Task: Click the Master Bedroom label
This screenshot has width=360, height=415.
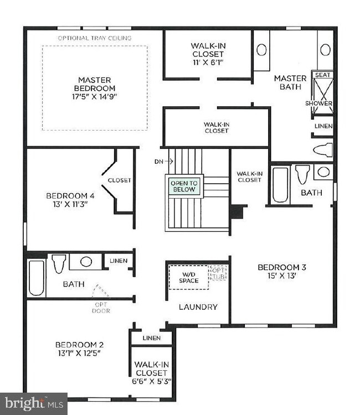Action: point(94,84)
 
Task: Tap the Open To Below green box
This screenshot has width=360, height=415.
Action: point(184,186)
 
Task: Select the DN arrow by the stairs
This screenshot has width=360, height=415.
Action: point(169,161)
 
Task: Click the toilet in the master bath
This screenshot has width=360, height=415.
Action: point(323,150)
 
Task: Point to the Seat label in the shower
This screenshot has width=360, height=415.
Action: point(322,75)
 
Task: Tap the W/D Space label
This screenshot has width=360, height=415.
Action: point(189,278)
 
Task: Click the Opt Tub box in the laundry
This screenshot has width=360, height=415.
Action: point(218,273)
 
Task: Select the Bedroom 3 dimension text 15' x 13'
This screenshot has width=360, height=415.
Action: point(281,276)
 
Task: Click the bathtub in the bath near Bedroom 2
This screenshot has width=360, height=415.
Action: point(37,278)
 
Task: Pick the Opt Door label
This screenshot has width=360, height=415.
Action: point(101,308)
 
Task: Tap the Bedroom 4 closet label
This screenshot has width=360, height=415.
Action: point(120,180)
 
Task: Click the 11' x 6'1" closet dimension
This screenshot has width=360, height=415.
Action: point(208,63)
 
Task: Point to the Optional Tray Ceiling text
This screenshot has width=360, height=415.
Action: point(95,38)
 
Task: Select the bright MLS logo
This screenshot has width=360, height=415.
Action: point(34,403)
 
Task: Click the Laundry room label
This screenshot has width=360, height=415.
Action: point(198,307)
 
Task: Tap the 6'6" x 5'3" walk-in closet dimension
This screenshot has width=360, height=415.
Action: point(152,381)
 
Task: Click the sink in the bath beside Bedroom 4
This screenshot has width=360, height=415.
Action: point(86,262)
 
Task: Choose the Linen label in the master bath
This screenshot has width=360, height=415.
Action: point(323,126)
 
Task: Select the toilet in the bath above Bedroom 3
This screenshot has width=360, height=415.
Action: point(302,174)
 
